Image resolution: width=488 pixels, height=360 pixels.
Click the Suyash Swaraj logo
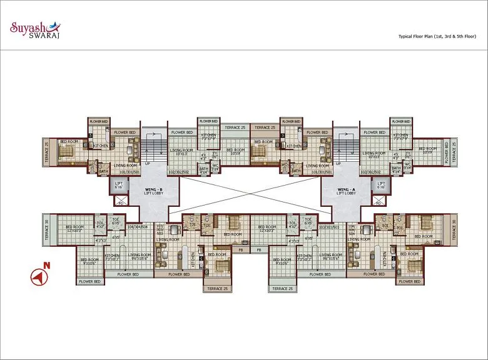point(33,29)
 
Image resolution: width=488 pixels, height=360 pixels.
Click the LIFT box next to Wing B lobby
point(119,186)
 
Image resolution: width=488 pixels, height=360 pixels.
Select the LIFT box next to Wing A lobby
point(381,186)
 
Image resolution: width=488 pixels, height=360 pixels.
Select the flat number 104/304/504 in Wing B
point(138,227)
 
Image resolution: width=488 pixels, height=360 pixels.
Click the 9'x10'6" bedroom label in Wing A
point(281,262)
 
